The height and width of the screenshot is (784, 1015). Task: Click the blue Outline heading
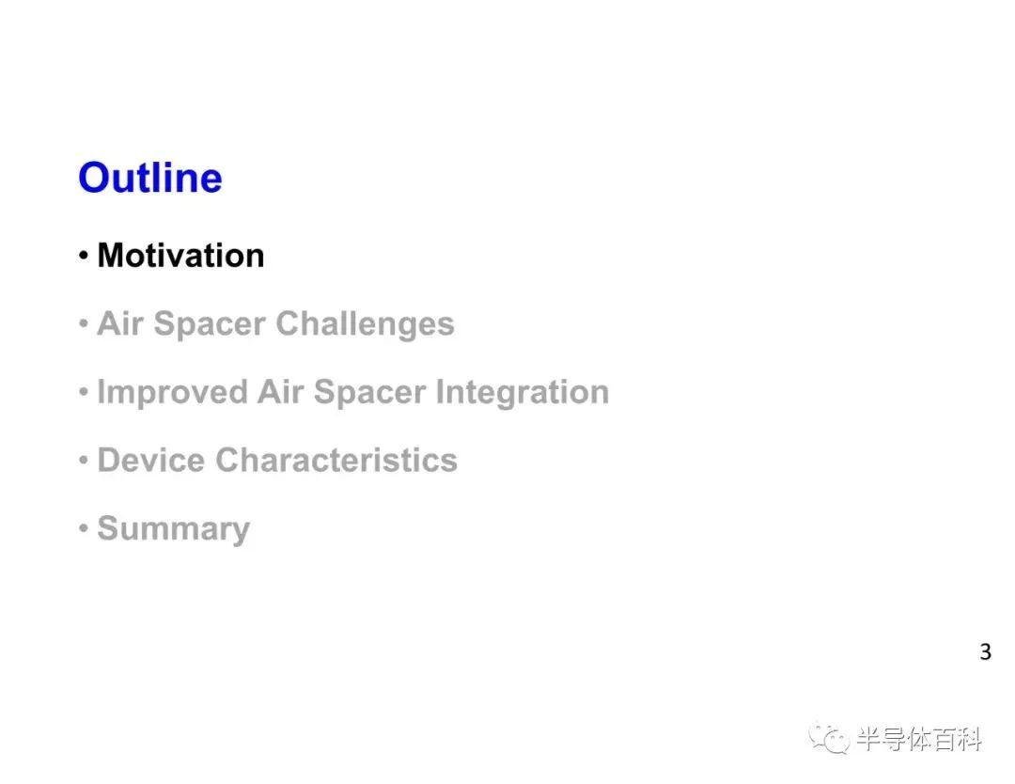(x=150, y=178)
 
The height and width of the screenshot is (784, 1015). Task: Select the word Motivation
(x=180, y=255)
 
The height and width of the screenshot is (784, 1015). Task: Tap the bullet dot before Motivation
(x=84, y=255)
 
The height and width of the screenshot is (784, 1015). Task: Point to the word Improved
(x=172, y=392)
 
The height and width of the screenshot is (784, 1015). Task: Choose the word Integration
(x=522, y=392)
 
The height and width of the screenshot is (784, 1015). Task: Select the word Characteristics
(x=336, y=461)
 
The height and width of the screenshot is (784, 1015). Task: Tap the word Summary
(x=174, y=529)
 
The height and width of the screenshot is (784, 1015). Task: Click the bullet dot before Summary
(x=84, y=528)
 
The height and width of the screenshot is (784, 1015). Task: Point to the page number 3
(x=985, y=651)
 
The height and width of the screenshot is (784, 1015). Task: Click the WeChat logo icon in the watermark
(x=829, y=738)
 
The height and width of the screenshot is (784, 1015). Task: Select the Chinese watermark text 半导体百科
(x=919, y=739)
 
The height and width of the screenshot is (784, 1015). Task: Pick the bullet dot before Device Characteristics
(x=84, y=461)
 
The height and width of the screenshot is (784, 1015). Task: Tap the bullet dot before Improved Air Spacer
(x=84, y=392)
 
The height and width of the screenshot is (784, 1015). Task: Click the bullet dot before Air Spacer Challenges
(x=84, y=323)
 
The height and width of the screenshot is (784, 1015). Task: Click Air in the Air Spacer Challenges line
(x=119, y=323)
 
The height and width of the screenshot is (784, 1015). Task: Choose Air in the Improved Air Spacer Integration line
(x=280, y=392)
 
